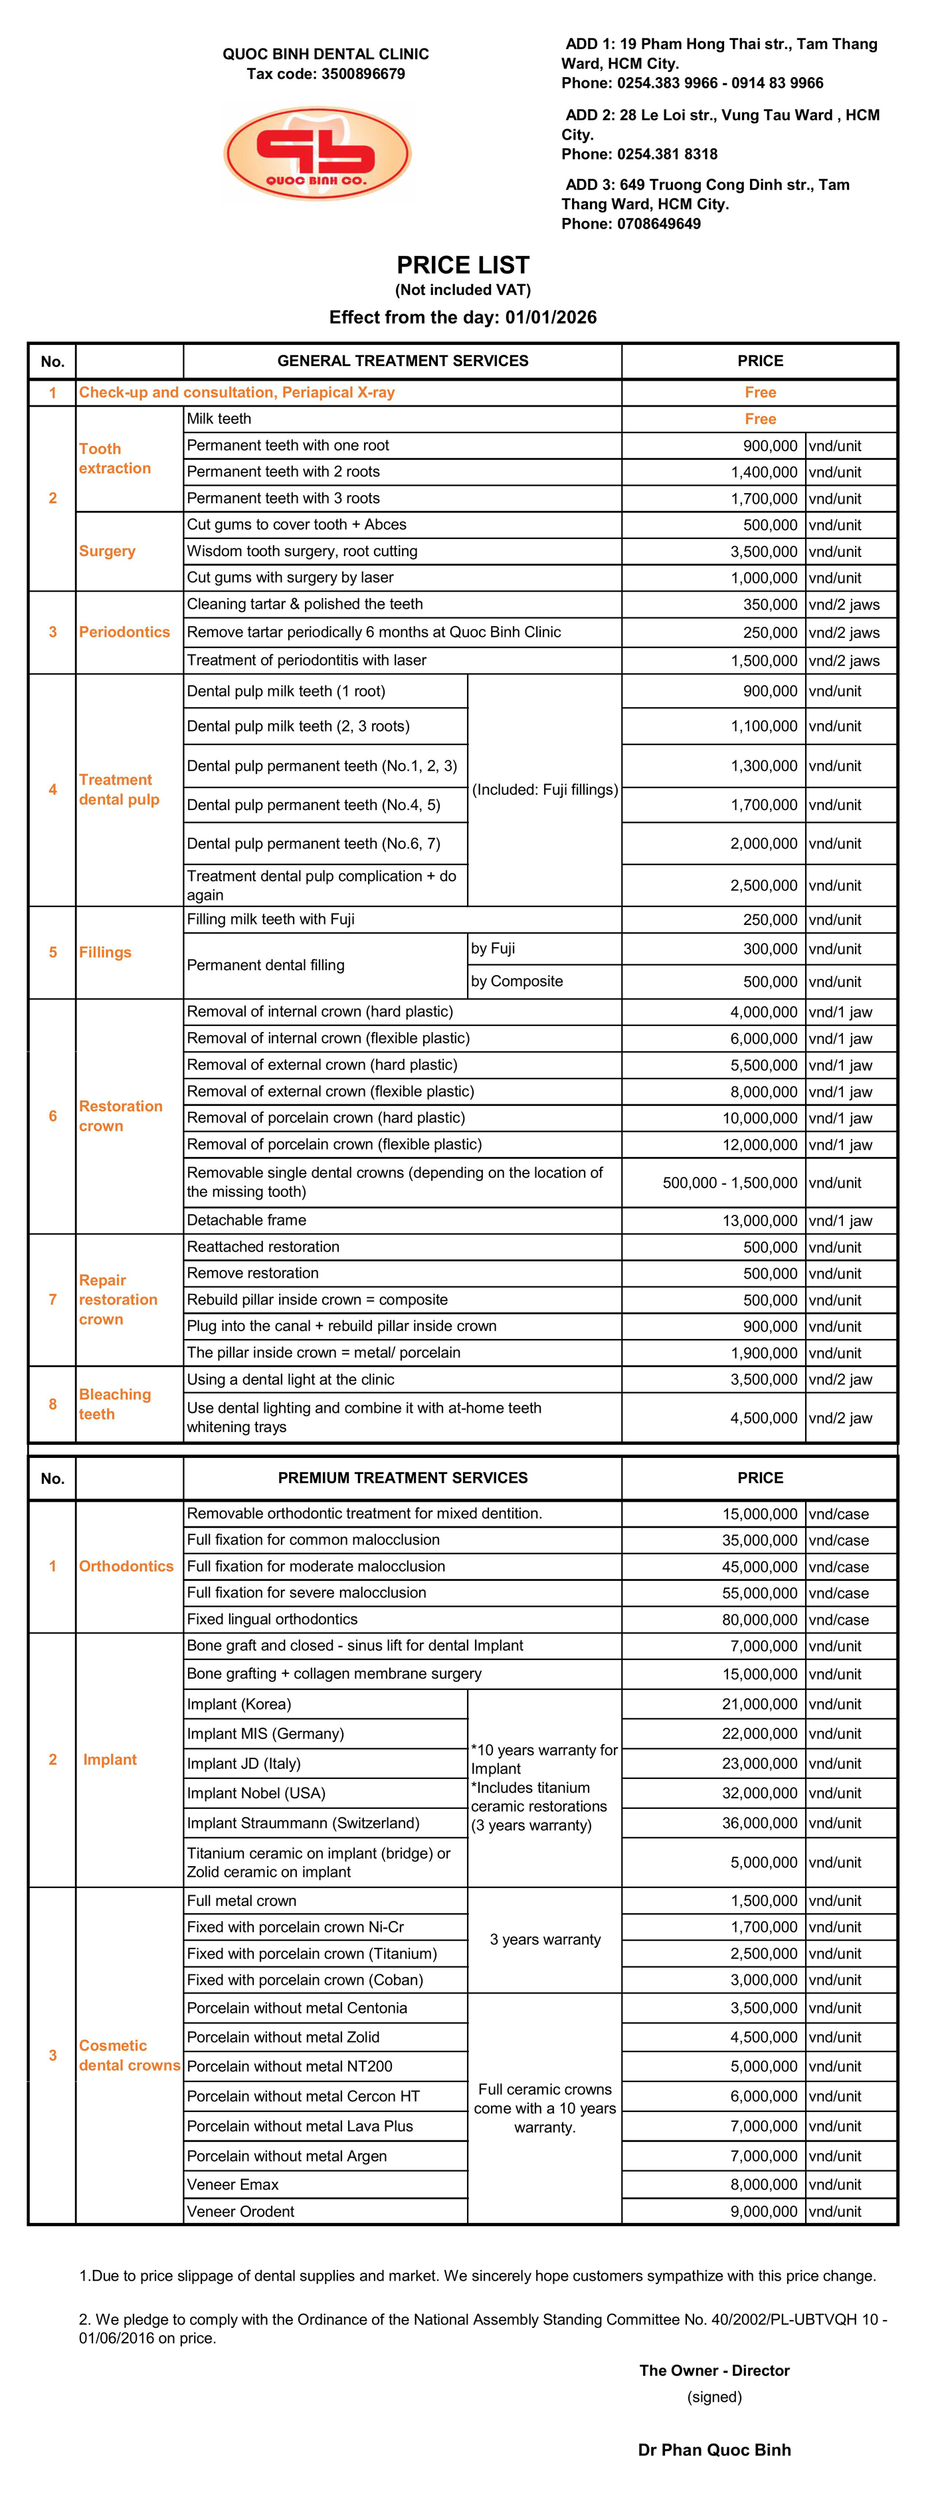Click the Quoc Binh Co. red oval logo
pos(318,154)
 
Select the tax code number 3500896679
pos(363,74)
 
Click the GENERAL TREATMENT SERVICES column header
pos(403,361)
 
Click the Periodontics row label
pos(124,632)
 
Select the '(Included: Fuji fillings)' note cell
pos(544,789)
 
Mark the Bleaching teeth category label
pos(115,1404)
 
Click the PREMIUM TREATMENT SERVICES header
pos(403,1477)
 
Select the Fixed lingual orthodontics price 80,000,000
pos(760,1619)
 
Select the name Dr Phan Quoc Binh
pos(714,2450)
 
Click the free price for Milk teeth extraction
pos(760,419)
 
